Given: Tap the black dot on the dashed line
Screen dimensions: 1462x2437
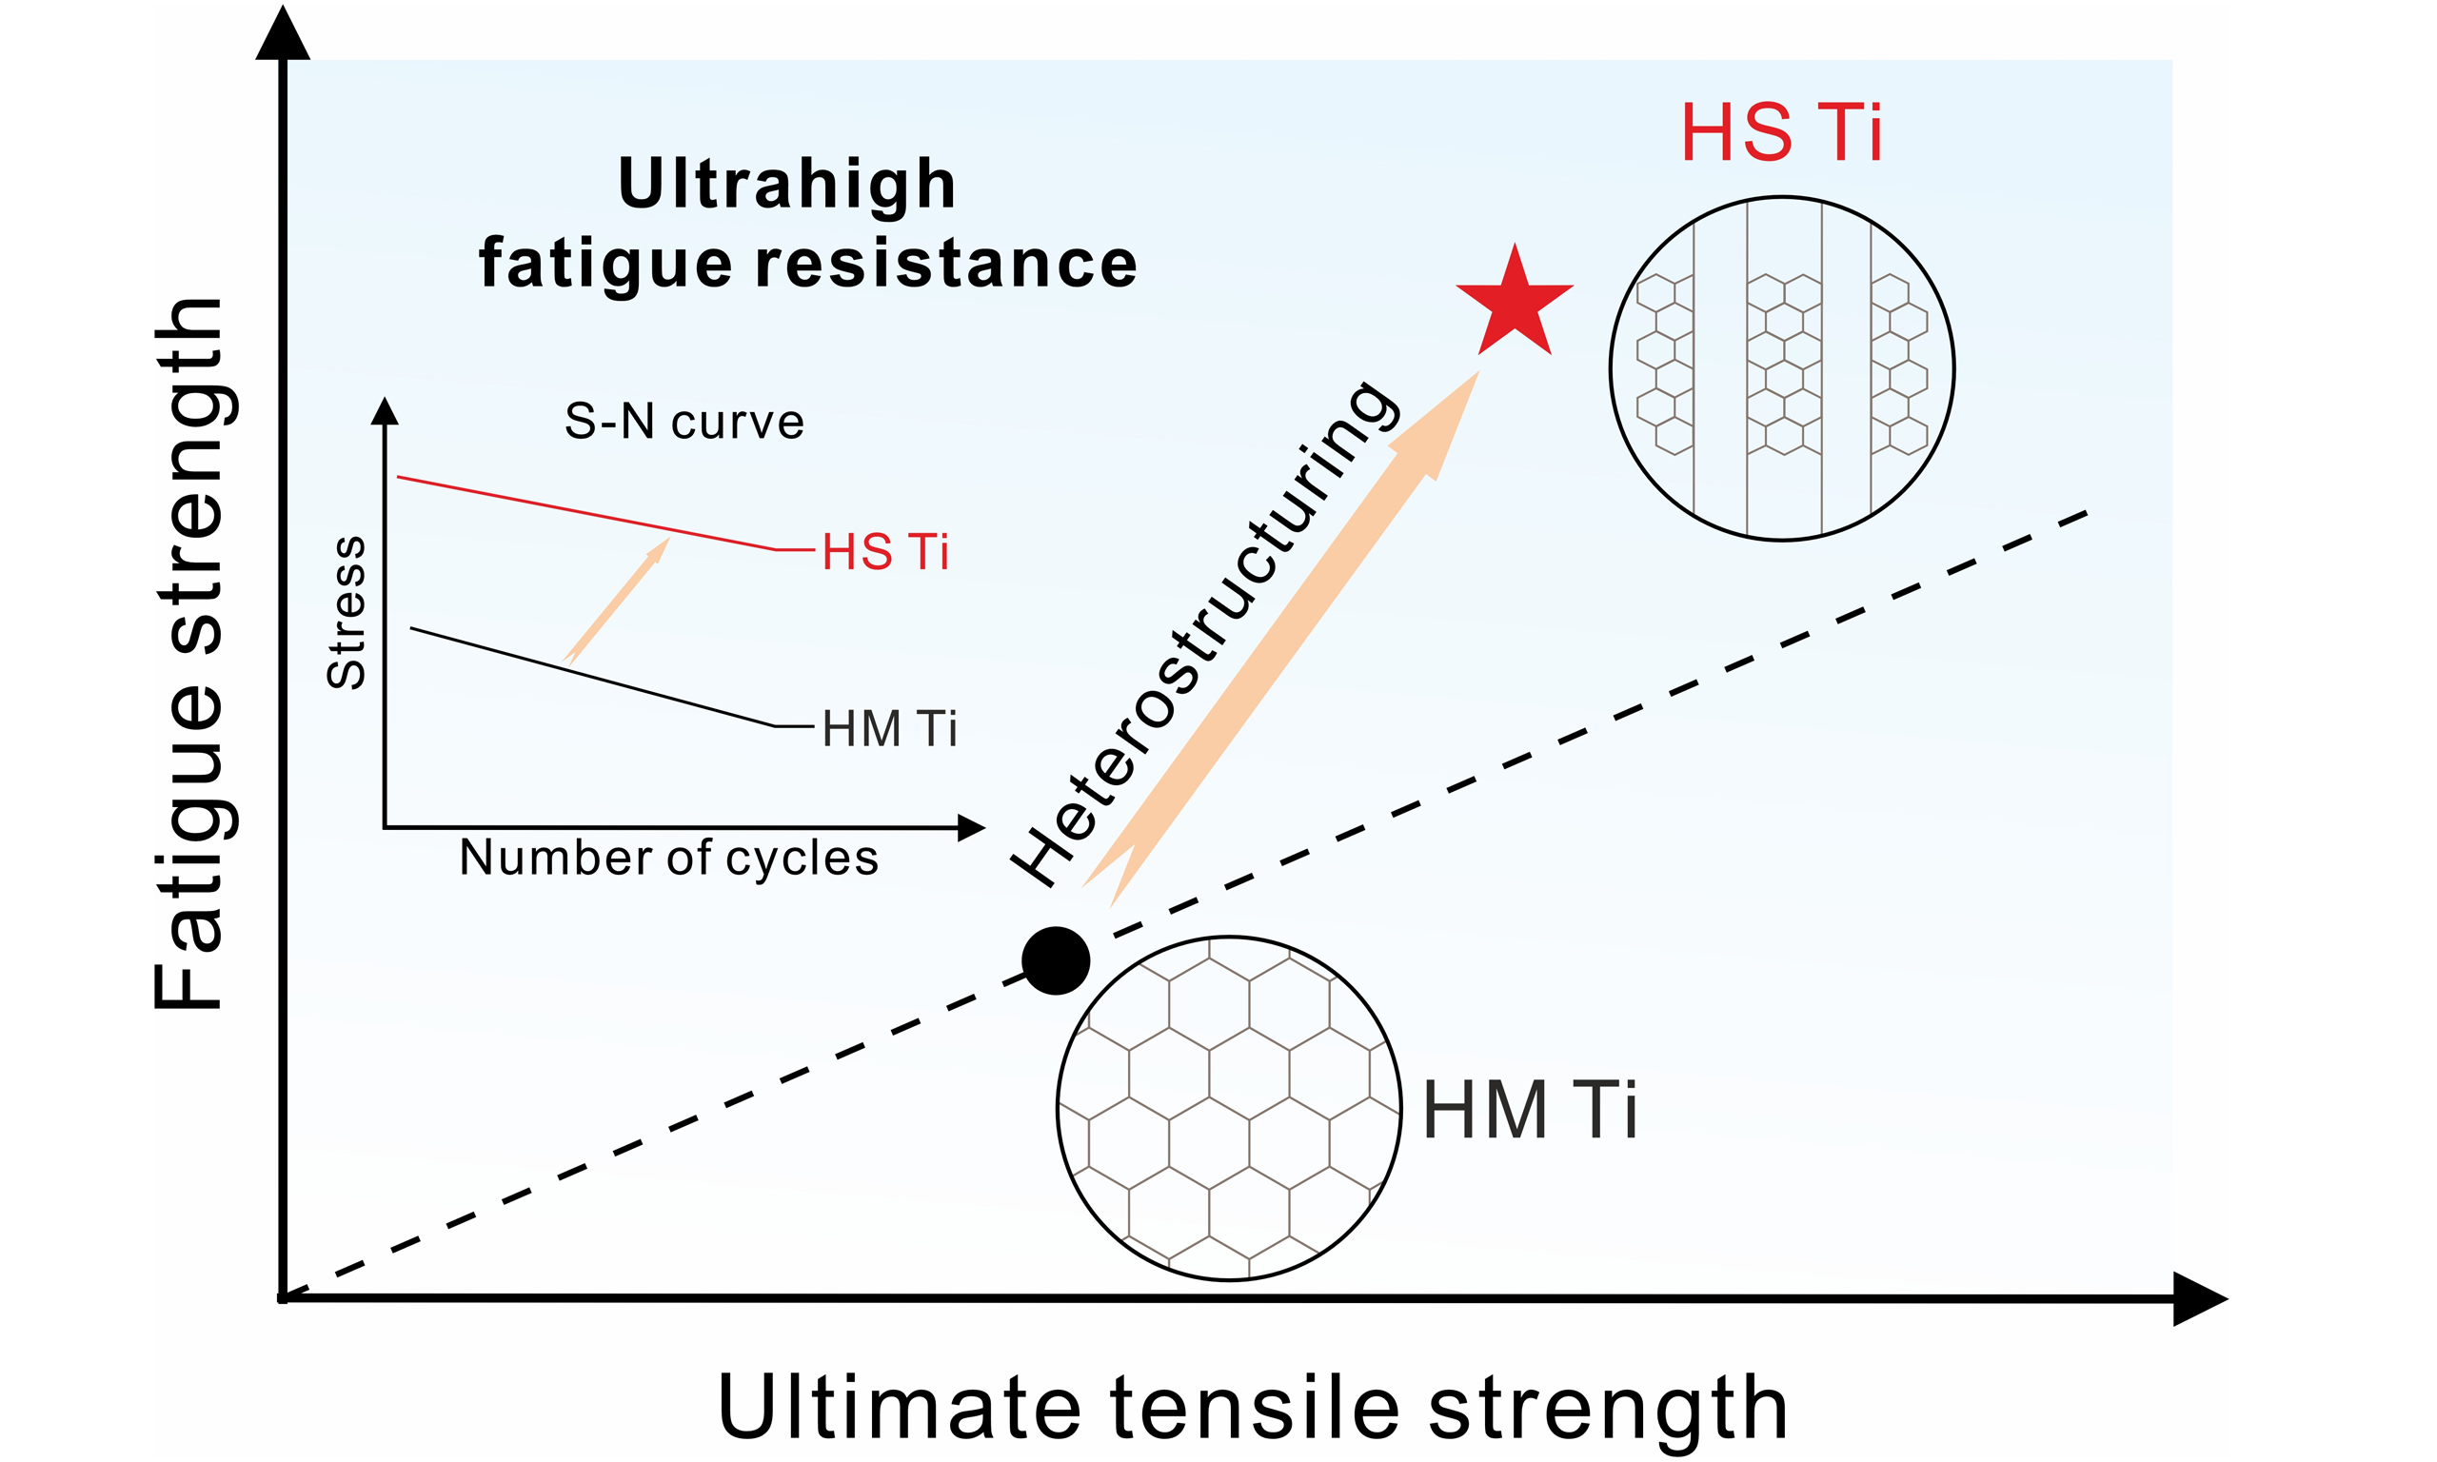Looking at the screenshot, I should coord(1055,960).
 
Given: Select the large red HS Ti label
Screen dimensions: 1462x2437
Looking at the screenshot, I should coord(1781,133).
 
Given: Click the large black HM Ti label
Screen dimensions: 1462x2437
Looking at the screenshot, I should coord(1530,1110).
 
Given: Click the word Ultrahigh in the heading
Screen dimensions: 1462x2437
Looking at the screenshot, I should coord(787,185).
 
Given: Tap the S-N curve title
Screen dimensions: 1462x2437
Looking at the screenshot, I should coord(684,422).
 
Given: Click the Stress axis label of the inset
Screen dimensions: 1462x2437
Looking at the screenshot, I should coord(346,612).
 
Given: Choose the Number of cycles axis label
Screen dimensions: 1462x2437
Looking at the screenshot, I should coord(669,857).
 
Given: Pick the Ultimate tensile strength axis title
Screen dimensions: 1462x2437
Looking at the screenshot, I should coord(1252,1408).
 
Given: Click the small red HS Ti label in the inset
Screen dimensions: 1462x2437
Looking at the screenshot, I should coord(885,552).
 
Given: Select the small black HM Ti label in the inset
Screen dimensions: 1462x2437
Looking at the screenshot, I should coord(889,729).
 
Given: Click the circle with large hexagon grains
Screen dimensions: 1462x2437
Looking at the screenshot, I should coord(1228,1108).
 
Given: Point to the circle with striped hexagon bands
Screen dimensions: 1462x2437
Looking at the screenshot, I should coord(1781,368).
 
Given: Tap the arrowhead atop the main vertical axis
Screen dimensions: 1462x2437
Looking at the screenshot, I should coord(283,34).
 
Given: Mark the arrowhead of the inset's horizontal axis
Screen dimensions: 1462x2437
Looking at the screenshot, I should coord(970,827).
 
